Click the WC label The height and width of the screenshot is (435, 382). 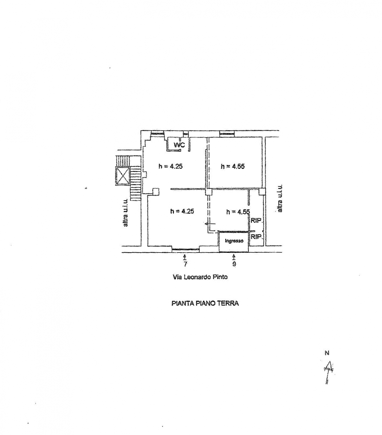(179, 145)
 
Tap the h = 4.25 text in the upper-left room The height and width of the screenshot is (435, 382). (170, 166)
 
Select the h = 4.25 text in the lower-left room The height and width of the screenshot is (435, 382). (182, 211)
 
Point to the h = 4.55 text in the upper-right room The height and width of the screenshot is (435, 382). (233, 166)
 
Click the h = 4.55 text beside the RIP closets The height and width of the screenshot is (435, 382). (238, 212)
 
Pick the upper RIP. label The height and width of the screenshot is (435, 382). (256, 220)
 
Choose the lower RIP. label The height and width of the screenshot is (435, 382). (256, 237)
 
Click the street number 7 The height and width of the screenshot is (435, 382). (185, 264)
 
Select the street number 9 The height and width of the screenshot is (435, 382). (234, 264)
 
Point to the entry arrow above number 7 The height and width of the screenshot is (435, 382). (185, 257)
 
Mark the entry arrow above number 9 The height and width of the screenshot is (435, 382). (234, 257)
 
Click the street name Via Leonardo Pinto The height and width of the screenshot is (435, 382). (200, 277)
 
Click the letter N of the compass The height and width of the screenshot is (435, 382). (327, 353)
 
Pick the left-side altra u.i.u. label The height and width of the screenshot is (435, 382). (126, 213)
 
